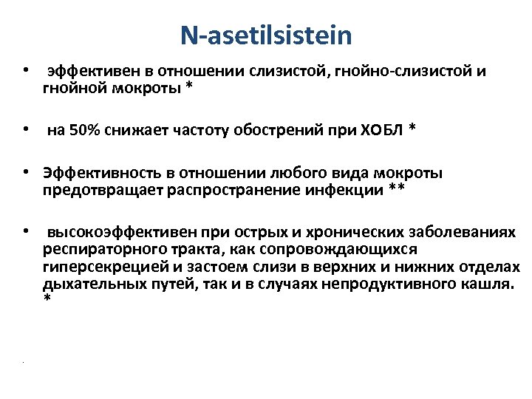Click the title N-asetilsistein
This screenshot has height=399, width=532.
[x=266, y=35]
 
